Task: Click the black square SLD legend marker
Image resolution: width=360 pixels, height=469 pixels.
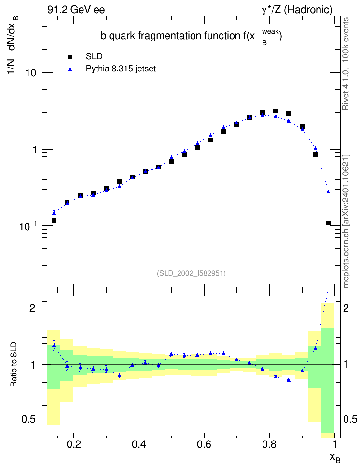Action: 70,57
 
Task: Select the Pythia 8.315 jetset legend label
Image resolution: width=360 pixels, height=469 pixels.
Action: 121,69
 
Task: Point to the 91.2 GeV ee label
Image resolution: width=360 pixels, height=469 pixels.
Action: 76,10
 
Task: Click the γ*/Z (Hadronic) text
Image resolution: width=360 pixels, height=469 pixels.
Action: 297,10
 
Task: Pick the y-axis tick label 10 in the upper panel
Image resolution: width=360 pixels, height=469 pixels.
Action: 30,73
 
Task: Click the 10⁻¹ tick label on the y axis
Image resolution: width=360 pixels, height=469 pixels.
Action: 28,226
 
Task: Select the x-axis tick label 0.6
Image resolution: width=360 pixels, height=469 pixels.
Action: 204,444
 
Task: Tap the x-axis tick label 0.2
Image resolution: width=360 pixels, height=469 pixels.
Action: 74,444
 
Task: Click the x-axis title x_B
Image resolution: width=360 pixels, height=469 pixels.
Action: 335,458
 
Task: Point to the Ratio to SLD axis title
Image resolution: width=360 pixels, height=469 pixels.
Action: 14,364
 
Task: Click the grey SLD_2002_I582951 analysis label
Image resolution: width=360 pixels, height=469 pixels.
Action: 191,273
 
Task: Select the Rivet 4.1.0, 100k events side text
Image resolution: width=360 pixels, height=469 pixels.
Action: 346,64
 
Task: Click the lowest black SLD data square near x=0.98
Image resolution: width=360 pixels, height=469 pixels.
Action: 328,223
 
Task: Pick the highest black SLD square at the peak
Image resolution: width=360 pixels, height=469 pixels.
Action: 276,111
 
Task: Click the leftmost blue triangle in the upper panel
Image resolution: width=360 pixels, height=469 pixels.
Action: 54,213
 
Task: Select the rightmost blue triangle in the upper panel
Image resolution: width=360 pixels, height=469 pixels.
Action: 328,192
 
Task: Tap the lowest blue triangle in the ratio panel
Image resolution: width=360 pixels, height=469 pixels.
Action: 289,380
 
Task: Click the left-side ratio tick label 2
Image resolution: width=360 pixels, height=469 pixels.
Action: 32,308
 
